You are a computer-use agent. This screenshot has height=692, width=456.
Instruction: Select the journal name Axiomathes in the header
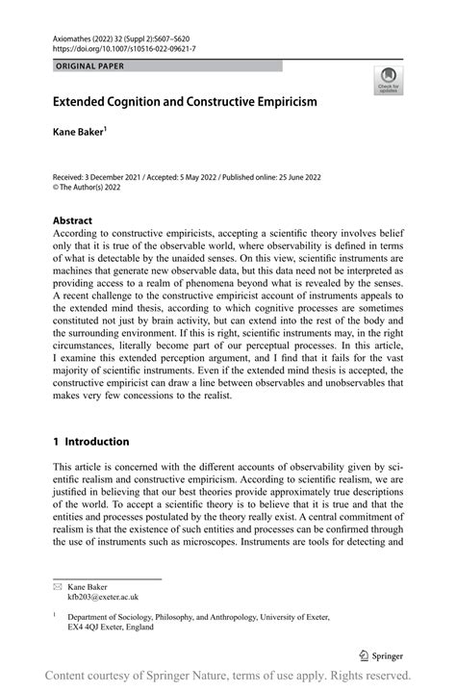click(74, 34)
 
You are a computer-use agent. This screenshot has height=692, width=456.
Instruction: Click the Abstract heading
click(74, 219)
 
